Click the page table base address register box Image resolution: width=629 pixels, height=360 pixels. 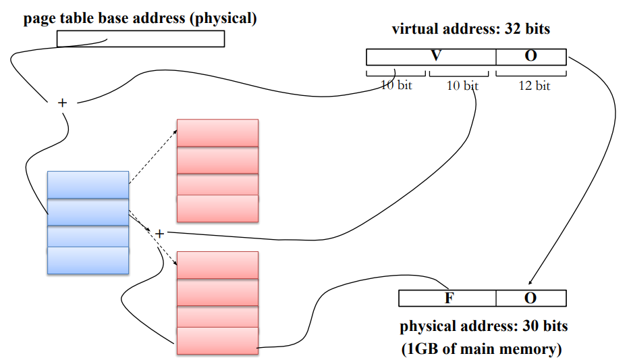140,39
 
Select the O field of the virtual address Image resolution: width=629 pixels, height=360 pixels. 530,57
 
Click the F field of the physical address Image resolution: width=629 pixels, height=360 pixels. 447,298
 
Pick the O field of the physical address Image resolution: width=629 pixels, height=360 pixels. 530,298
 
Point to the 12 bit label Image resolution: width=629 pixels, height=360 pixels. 535,86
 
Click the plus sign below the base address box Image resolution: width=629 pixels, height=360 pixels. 63,103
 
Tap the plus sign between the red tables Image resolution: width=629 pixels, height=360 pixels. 159,234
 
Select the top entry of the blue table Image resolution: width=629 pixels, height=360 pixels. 88,184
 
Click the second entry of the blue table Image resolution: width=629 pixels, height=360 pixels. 88,212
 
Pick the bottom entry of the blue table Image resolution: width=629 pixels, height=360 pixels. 88,261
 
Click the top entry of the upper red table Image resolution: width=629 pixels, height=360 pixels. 217,132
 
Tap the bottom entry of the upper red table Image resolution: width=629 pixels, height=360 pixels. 217,208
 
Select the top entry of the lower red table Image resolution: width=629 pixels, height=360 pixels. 217,265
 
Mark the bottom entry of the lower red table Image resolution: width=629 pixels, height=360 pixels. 217,340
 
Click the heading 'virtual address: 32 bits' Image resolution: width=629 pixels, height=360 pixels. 470,29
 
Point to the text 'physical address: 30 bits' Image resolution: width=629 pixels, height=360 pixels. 484,326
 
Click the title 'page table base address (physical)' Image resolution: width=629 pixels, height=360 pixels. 140,18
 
